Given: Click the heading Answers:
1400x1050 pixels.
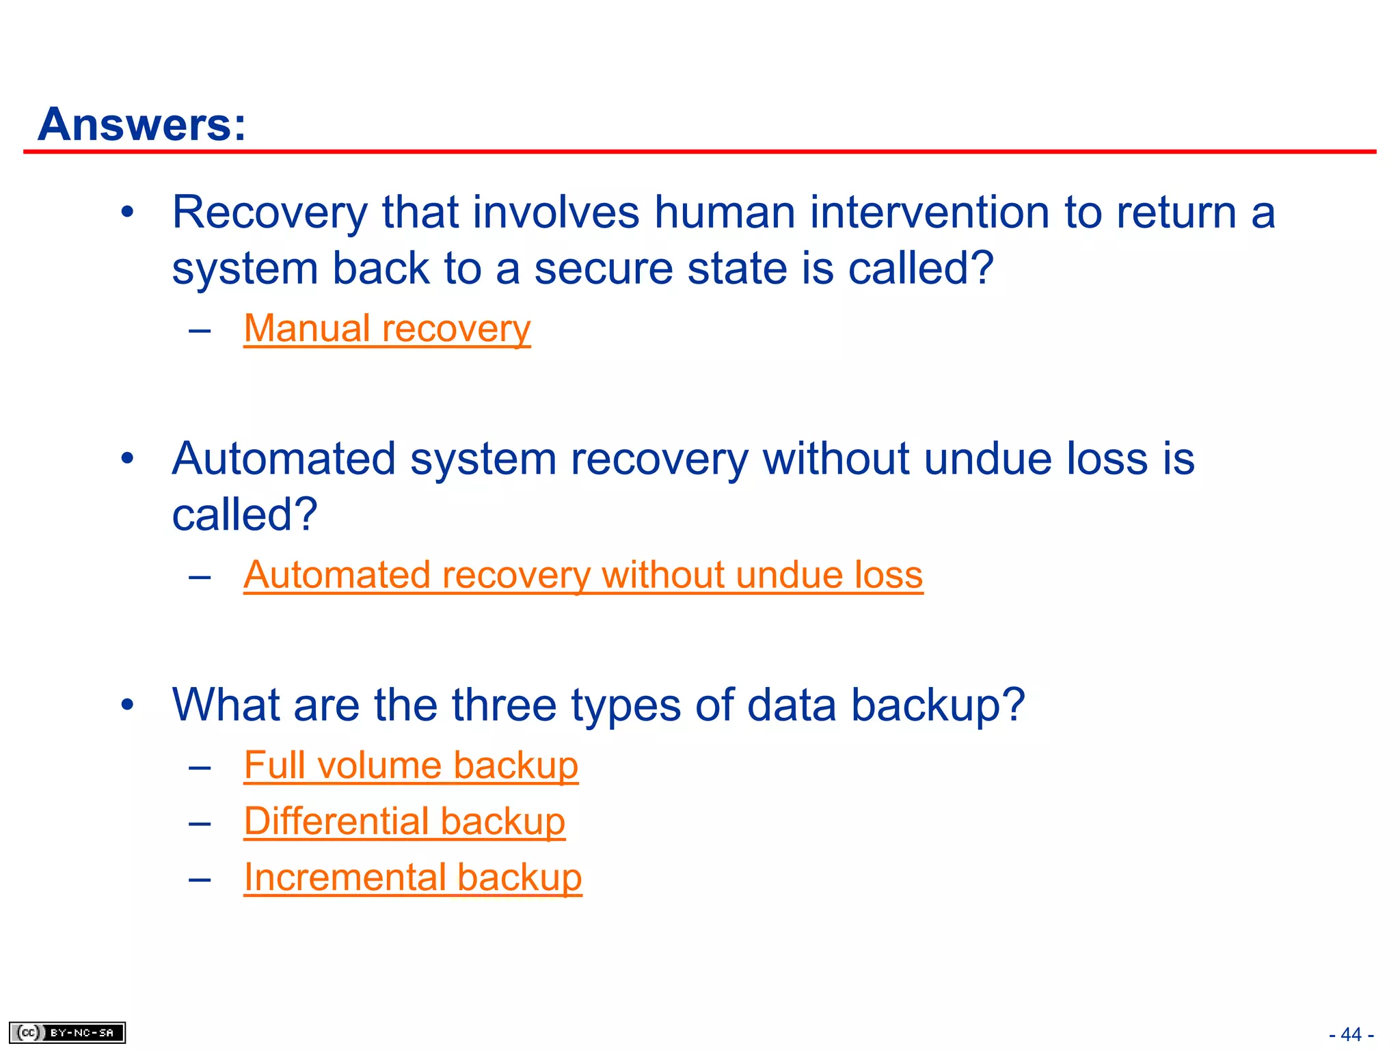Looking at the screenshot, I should pos(142,124).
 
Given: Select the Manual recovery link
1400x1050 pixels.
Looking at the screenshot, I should pos(387,329).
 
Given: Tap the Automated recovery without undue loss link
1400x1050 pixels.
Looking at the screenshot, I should pos(583,575).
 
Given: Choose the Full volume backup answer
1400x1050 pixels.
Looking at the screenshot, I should pos(411,766).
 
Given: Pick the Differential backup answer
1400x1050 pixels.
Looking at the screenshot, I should pos(405,822).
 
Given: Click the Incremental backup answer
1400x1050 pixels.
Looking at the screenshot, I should pos(413,878).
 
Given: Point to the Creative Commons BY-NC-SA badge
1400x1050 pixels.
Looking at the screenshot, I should pos(67,1032).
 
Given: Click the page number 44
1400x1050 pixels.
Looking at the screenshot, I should pos(1351,1034).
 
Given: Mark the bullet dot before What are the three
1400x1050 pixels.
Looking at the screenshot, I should pos(127,705).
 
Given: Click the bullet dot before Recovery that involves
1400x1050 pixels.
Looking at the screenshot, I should pos(127,213).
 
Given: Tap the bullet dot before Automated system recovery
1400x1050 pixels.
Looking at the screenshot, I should pos(127,459).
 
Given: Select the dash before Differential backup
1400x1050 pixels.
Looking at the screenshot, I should pos(200,823).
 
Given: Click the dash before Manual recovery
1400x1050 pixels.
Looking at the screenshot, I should pos(200,330).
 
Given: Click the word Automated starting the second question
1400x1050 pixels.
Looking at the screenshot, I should pos(284,459).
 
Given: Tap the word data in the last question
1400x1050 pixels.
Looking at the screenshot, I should pos(791,705).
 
